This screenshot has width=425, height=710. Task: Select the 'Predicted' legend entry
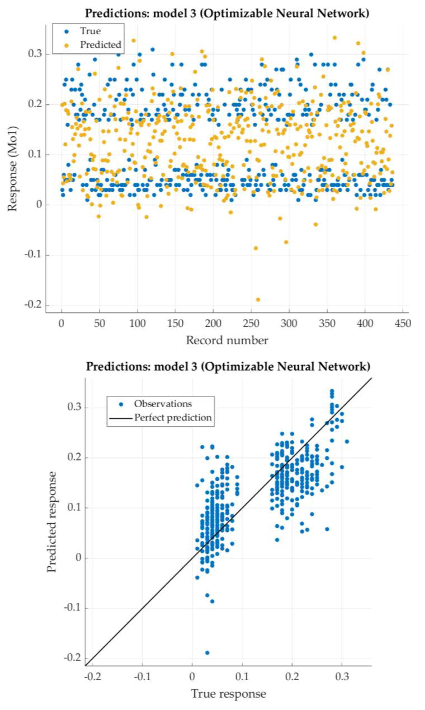click(100, 45)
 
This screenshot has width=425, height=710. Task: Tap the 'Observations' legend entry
click(163, 404)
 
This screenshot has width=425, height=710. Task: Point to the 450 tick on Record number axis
click(403, 323)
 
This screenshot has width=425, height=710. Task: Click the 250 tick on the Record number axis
click(251, 323)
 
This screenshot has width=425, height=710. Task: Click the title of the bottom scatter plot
click(228, 366)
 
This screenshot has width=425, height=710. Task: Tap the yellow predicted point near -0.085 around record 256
click(256, 248)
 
